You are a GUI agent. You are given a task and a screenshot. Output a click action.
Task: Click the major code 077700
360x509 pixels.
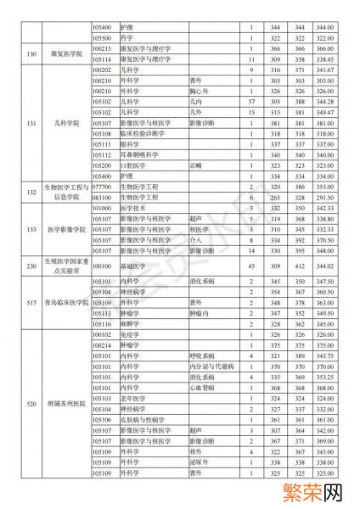[102, 187]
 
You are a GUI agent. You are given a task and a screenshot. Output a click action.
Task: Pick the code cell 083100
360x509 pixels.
[102, 197]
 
